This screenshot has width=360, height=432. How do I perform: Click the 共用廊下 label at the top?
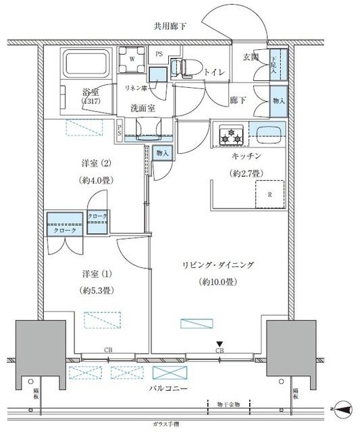170,26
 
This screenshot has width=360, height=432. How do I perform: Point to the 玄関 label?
251,57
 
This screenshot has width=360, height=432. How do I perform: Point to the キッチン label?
246,156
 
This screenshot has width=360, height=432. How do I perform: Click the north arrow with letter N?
344,409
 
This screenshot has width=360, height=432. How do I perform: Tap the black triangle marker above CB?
219,344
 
